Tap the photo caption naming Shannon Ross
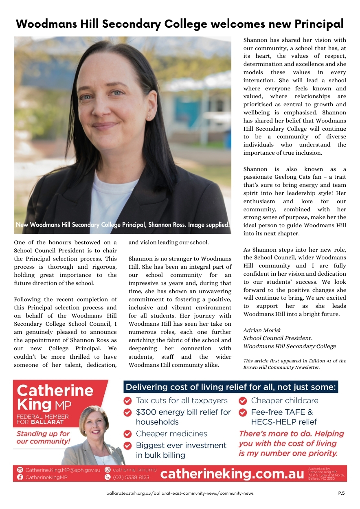coord(123,225)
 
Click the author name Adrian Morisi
coord(262,330)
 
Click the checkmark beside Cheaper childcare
coord(243,401)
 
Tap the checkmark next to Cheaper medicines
coord(127,434)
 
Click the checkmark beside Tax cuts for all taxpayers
coord(127,401)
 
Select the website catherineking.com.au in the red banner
coord(232,474)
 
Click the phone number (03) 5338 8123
coord(131,478)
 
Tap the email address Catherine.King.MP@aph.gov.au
coord(63,470)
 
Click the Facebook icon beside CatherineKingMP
coord(20,478)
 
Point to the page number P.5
coord(341,493)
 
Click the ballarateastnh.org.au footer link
coord(180,493)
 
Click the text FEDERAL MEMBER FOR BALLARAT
coord(43,419)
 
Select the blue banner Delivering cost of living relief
coord(231,387)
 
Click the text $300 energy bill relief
coord(183,412)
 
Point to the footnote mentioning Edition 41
coord(294,364)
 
